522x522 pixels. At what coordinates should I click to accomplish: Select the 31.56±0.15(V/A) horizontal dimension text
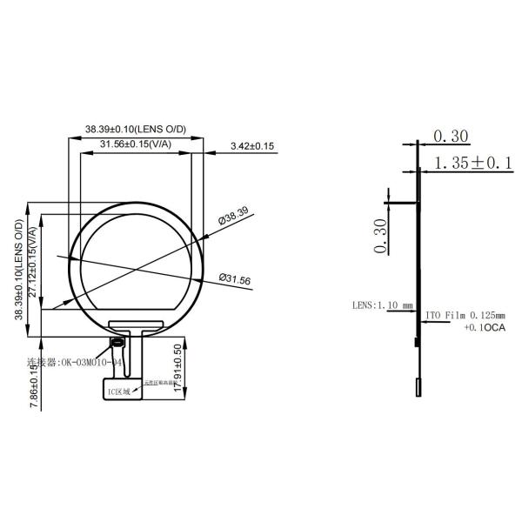coord(134,144)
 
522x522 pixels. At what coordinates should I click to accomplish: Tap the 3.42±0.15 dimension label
coord(252,146)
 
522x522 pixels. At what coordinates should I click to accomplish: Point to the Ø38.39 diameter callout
coord(233,215)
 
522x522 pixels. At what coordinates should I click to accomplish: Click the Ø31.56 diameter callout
coord(235,280)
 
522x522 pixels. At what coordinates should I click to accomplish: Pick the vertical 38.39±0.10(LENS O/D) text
coord(19,270)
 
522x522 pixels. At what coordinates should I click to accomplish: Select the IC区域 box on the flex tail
coord(118,391)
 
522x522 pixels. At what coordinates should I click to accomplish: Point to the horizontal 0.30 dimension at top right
coord(450,136)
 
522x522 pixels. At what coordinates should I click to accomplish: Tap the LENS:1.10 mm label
coord(382,305)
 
